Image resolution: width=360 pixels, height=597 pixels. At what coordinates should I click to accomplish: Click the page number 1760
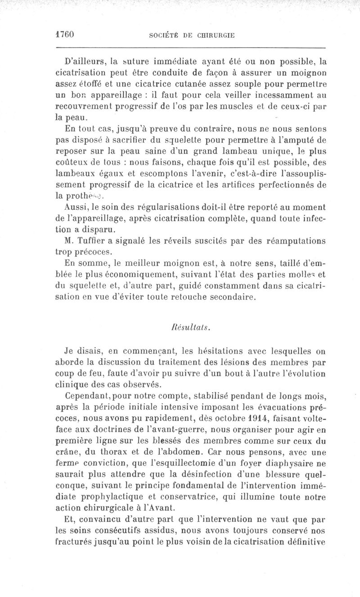coord(65,34)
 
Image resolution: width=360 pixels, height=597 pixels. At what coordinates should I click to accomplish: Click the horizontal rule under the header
coord(189,47)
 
